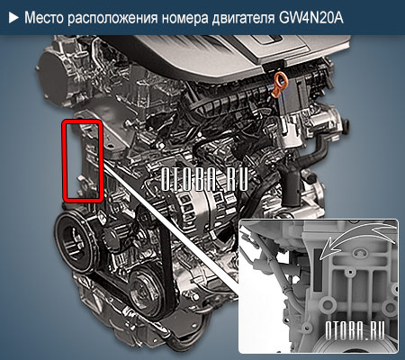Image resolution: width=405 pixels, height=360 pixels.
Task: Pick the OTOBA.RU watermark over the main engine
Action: click(x=203, y=177)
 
